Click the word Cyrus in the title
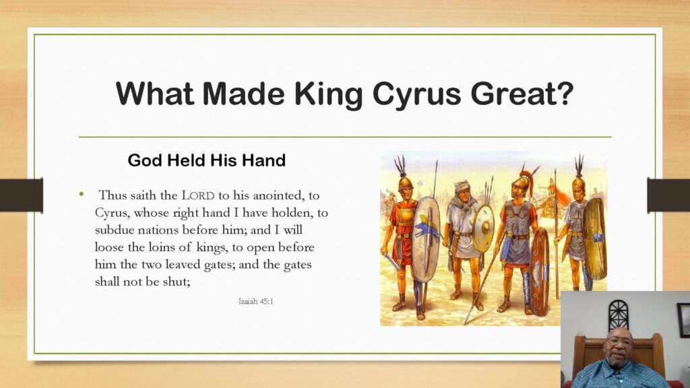click(416, 94)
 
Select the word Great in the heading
click(512, 93)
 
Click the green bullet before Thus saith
click(82, 193)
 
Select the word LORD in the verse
click(199, 195)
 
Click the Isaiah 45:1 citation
click(255, 301)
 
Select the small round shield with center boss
click(484, 228)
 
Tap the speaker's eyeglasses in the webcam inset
click(619, 340)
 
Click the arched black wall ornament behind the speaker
click(619, 315)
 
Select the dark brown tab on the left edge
click(22, 195)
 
